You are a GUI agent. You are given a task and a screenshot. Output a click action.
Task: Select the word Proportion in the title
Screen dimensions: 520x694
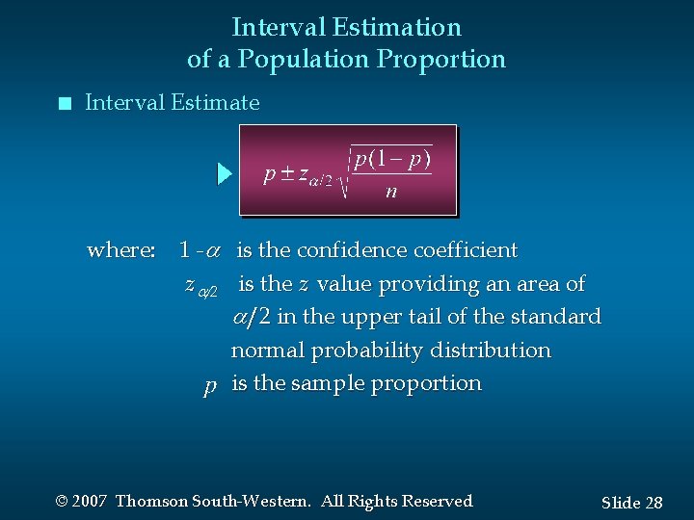441,60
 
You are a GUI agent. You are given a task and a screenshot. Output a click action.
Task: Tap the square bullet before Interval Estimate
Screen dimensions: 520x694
64,103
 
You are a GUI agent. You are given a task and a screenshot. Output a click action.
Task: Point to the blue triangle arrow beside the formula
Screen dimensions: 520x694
224,174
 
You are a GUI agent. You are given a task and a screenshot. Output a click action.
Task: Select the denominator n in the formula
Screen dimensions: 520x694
390,191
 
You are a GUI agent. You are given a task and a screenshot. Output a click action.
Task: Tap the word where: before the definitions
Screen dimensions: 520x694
121,250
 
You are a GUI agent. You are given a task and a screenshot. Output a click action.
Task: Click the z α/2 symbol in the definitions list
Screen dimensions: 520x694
200,285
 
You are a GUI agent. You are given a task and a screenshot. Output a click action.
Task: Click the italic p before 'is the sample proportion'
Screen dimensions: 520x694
210,385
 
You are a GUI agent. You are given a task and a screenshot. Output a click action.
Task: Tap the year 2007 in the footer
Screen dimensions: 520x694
90,501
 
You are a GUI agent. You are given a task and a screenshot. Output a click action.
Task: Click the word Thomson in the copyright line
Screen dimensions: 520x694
151,501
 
